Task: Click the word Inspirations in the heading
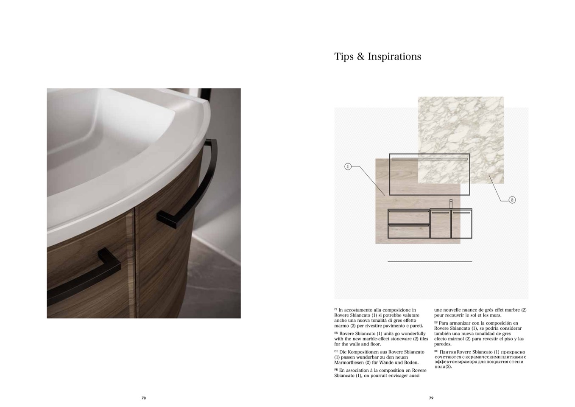tap(394, 56)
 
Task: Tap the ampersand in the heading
tap(360, 56)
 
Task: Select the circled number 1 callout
tap(348, 167)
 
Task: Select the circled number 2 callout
tap(512, 200)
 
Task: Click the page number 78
tap(143, 398)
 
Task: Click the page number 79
tap(431, 398)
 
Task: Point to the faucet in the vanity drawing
tap(451, 204)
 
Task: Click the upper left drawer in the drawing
tap(409, 217)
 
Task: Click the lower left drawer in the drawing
tap(409, 231)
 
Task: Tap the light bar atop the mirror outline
tap(430, 159)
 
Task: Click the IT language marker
tap(335, 309)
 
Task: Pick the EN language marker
tap(336, 333)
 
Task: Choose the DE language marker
tap(336, 351)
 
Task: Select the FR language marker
tap(336, 370)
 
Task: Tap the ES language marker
tap(436, 322)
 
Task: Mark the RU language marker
tap(436, 351)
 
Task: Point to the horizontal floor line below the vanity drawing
tap(430, 261)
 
